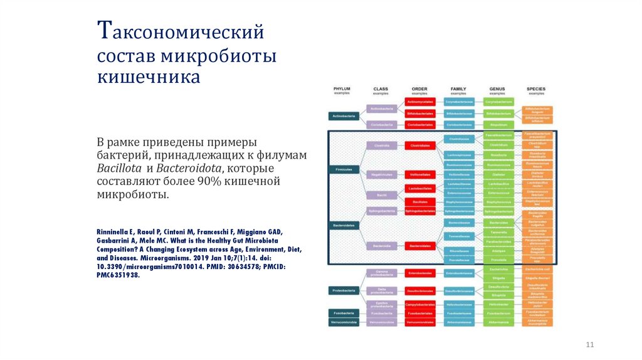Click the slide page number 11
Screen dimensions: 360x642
coord(589,344)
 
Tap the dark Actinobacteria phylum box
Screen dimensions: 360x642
coord(343,116)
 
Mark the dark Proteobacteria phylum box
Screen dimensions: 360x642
coord(343,290)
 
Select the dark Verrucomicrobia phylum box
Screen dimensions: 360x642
coord(343,322)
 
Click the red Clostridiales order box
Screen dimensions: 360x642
coord(419,145)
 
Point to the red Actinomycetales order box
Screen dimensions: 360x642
coord(419,101)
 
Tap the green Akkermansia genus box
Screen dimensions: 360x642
coord(498,322)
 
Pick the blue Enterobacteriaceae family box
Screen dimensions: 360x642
coord(459,273)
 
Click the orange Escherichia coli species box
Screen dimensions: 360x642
coord(537,269)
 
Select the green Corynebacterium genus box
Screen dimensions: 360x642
coord(498,101)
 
